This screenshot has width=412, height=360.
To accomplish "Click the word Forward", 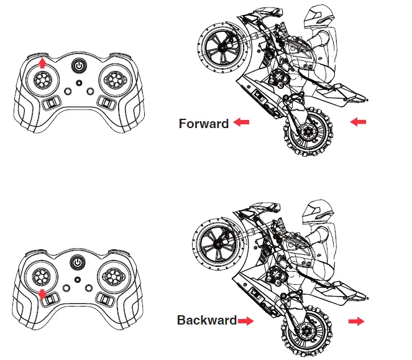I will (203, 124).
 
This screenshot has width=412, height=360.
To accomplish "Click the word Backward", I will (206, 321).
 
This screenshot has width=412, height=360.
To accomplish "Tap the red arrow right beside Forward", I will (240, 124).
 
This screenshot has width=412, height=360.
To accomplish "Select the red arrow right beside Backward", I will (247, 321).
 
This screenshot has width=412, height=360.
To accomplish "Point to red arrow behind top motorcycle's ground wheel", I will (359, 122).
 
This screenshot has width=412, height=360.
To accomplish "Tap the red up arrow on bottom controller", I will (42, 293).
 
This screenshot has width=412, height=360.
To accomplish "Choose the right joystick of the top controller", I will (114, 78).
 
